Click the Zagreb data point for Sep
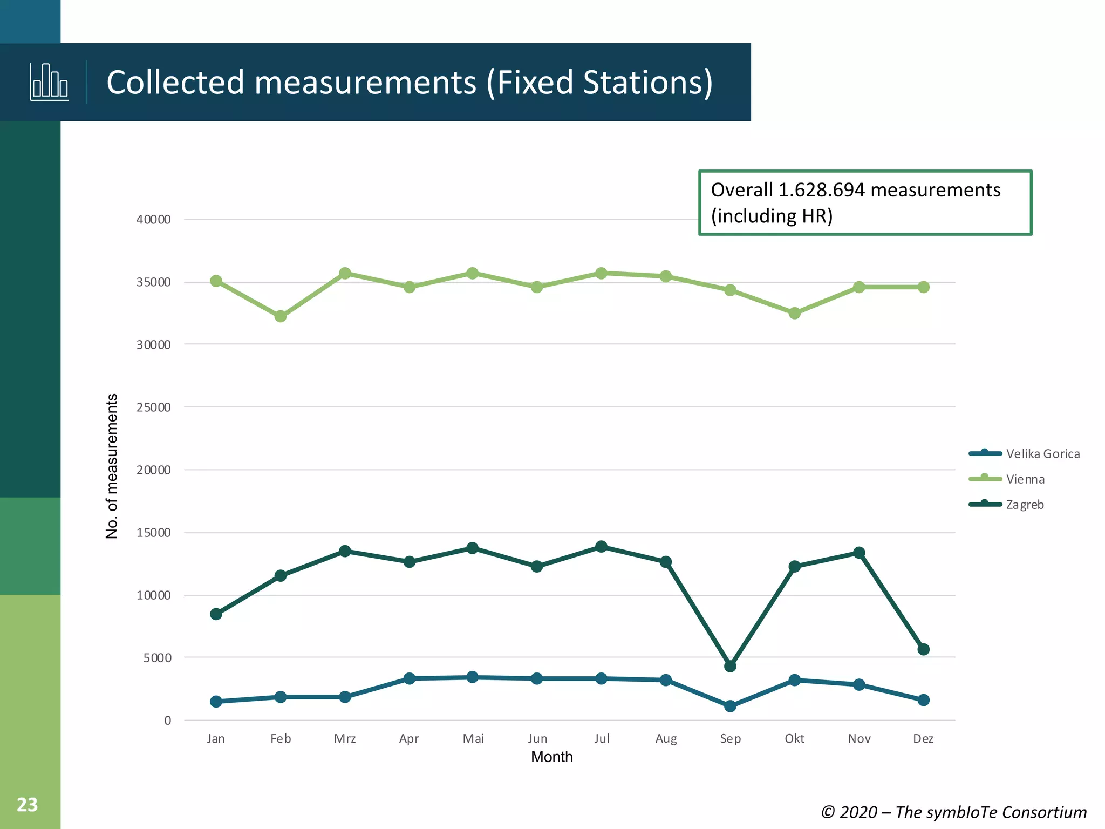point(730,666)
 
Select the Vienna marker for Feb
point(281,316)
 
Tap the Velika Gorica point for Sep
point(730,706)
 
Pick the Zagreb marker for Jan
point(216,614)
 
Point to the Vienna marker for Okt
point(794,313)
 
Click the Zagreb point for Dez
point(923,649)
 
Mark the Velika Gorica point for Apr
point(410,678)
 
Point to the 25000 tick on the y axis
point(153,407)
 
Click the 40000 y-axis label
point(153,220)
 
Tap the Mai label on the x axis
point(473,739)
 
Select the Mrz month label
point(345,739)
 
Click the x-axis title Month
point(551,757)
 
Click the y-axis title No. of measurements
point(112,466)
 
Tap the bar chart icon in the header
point(49,82)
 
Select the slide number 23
point(27,805)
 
